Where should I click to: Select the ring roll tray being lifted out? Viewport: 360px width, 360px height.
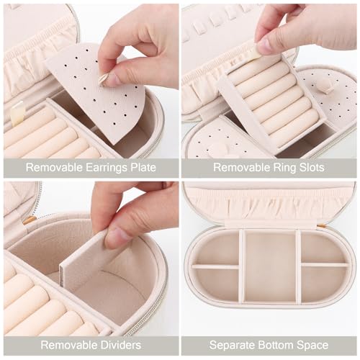click(270, 101)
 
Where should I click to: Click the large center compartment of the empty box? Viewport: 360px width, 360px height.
click(270, 266)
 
